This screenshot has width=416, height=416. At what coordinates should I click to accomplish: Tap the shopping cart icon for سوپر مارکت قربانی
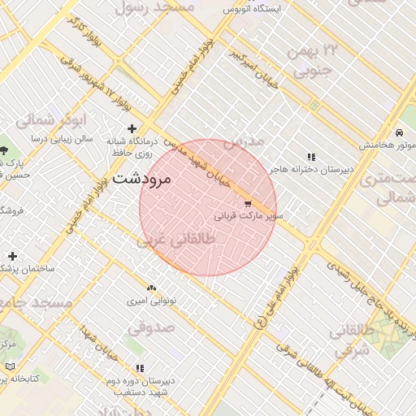[x=248, y=204]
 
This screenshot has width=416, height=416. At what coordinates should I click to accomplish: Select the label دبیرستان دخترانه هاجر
[x=312, y=169]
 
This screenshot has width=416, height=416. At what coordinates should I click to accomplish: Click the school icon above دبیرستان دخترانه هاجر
[x=310, y=157]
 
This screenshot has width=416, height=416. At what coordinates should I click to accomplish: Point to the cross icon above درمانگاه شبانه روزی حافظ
[x=132, y=128]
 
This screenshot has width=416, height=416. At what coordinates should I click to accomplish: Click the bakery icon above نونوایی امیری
[x=151, y=288]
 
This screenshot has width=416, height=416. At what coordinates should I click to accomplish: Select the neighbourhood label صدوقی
[x=151, y=328]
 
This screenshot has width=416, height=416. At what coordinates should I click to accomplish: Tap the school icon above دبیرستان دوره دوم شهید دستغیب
[x=140, y=368]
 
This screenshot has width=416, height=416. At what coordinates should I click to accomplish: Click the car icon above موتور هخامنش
[x=399, y=132]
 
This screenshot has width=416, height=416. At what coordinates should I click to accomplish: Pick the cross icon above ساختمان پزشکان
[x=12, y=256]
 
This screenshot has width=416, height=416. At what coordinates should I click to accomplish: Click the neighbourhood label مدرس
[x=243, y=141]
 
